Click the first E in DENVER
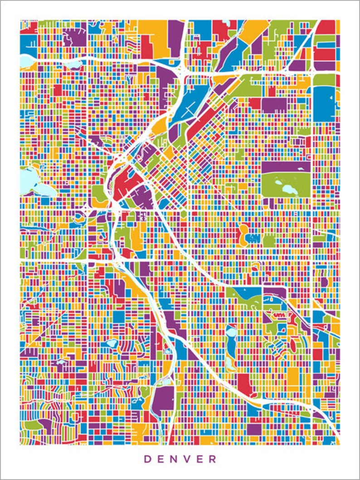pyautogui.click(x=161, y=459)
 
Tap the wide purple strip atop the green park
pyautogui.click(x=286, y=167)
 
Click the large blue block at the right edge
pyautogui.click(x=323, y=104)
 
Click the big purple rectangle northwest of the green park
pyautogui.click(x=274, y=104)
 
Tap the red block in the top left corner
pyautogui.click(x=28, y=28)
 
